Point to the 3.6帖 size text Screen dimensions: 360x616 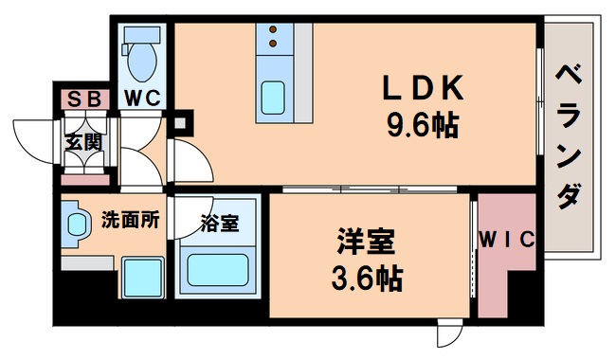(x=365, y=278)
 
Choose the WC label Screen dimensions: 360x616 (x=143, y=97)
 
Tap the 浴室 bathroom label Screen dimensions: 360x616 (x=218, y=225)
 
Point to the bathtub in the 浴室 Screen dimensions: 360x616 (x=219, y=268)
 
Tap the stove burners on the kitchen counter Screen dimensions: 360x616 (x=273, y=37)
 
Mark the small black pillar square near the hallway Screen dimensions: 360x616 (x=182, y=121)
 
